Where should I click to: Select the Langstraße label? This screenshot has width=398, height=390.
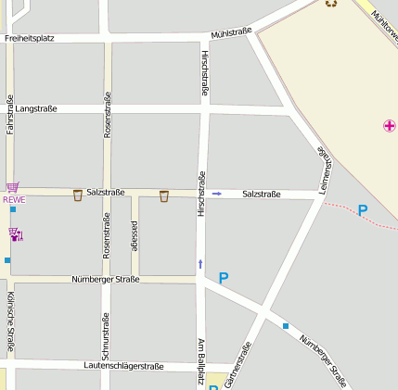pos(36,108)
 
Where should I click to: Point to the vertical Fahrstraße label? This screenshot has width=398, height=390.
pos(10,115)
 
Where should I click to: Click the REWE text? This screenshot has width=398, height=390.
pos(13,199)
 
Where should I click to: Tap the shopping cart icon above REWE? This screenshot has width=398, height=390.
pos(12,187)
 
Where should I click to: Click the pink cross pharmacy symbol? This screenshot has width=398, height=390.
pos(389,125)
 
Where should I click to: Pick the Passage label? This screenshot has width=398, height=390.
pos(135,236)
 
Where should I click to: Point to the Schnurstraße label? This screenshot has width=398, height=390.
pos(106,335)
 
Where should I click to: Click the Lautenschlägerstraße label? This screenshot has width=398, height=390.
pos(123,366)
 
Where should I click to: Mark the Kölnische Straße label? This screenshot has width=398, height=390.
pos(10,323)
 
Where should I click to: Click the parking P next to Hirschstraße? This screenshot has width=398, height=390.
pos(223,277)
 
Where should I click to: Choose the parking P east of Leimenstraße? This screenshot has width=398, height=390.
pos(363,210)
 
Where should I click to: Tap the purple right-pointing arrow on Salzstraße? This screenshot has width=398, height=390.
pos(217,194)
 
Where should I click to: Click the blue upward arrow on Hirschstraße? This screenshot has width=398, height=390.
pos(199,265)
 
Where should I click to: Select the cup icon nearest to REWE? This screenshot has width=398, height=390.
pos(77,195)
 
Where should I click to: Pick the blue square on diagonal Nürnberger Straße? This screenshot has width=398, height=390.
pos(286,325)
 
